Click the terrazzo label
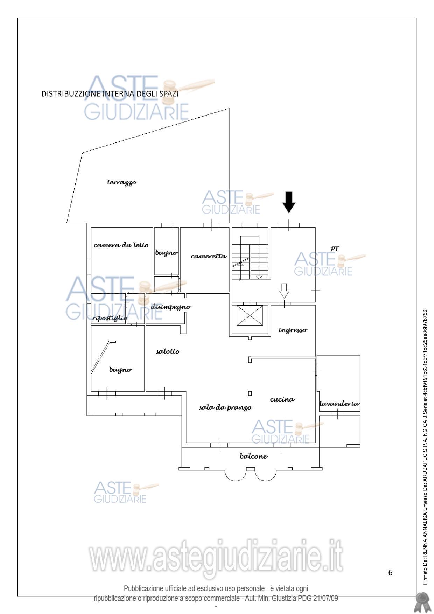point(122,182)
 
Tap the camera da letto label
point(121,245)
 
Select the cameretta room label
point(209,256)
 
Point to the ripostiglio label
point(110,318)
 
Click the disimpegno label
point(171,307)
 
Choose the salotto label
point(168,351)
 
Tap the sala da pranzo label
point(226,407)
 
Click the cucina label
point(282,399)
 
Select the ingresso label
point(293,330)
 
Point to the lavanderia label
point(339,404)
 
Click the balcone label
point(254,456)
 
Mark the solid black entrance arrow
point(289,202)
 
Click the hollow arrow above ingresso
point(284,291)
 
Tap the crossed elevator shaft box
point(250,315)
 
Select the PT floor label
point(335,249)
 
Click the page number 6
point(390,573)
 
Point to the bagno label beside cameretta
point(166,253)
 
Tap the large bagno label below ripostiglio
point(120,370)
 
